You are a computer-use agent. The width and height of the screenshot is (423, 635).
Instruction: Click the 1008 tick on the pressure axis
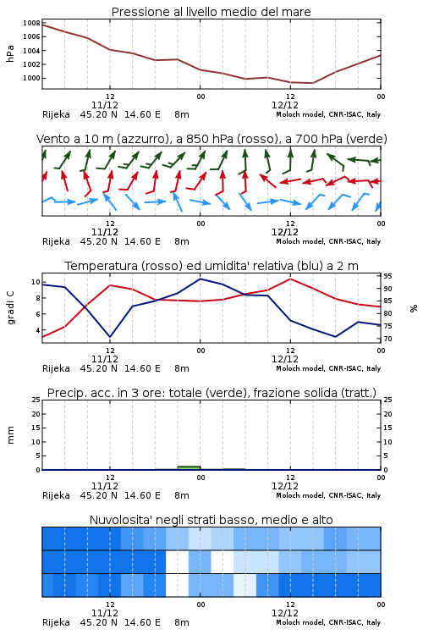[31, 23]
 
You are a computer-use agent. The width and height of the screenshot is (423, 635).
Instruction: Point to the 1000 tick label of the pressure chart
[31, 78]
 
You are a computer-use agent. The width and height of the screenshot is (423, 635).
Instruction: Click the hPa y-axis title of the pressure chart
[10, 53]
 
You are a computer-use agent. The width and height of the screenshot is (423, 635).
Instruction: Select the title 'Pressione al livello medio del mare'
[211, 12]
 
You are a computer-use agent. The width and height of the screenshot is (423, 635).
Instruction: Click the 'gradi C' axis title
[10, 308]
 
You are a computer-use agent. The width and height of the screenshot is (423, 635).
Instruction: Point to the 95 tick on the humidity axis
[387, 276]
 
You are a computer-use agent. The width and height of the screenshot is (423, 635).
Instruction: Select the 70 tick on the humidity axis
[387, 339]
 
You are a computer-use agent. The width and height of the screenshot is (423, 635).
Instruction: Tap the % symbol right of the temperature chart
[414, 308]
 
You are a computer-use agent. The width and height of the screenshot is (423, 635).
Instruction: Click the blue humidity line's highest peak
[200, 279]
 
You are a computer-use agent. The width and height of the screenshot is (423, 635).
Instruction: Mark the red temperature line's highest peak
[290, 279]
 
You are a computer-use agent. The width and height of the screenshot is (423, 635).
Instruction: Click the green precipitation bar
[189, 467]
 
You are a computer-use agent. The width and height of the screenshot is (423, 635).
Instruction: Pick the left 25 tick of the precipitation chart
[36, 400]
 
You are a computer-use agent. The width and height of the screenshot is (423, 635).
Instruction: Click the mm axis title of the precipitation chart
[10, 435]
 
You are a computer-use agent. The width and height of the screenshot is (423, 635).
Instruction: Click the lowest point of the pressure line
[312, 83]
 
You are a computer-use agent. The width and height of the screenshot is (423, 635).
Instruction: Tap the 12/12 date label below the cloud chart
[285, 613]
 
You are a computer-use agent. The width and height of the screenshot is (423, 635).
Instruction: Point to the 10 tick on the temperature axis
[36, 282]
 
